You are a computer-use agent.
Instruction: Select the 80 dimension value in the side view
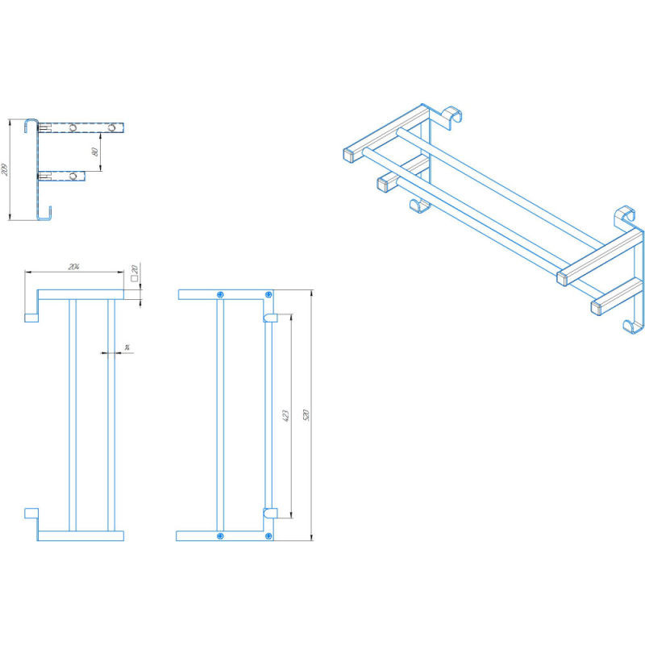[95, 150]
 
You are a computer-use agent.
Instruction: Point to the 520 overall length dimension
[306, 415]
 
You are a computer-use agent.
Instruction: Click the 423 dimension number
[286, 415]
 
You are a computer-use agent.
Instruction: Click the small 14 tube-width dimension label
[127, 347]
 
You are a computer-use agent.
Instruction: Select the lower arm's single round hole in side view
[74, 176]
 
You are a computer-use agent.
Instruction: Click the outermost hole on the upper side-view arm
[114, 127]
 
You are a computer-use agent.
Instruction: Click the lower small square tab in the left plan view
[31, 513]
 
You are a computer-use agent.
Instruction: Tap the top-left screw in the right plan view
[220, 294]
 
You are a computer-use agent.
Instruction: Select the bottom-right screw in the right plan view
[270, 536]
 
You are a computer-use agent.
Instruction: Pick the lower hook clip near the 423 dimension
[271, 511]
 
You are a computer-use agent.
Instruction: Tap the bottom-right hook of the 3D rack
[634, 325]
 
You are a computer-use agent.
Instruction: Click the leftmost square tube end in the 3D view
[351, 152]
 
